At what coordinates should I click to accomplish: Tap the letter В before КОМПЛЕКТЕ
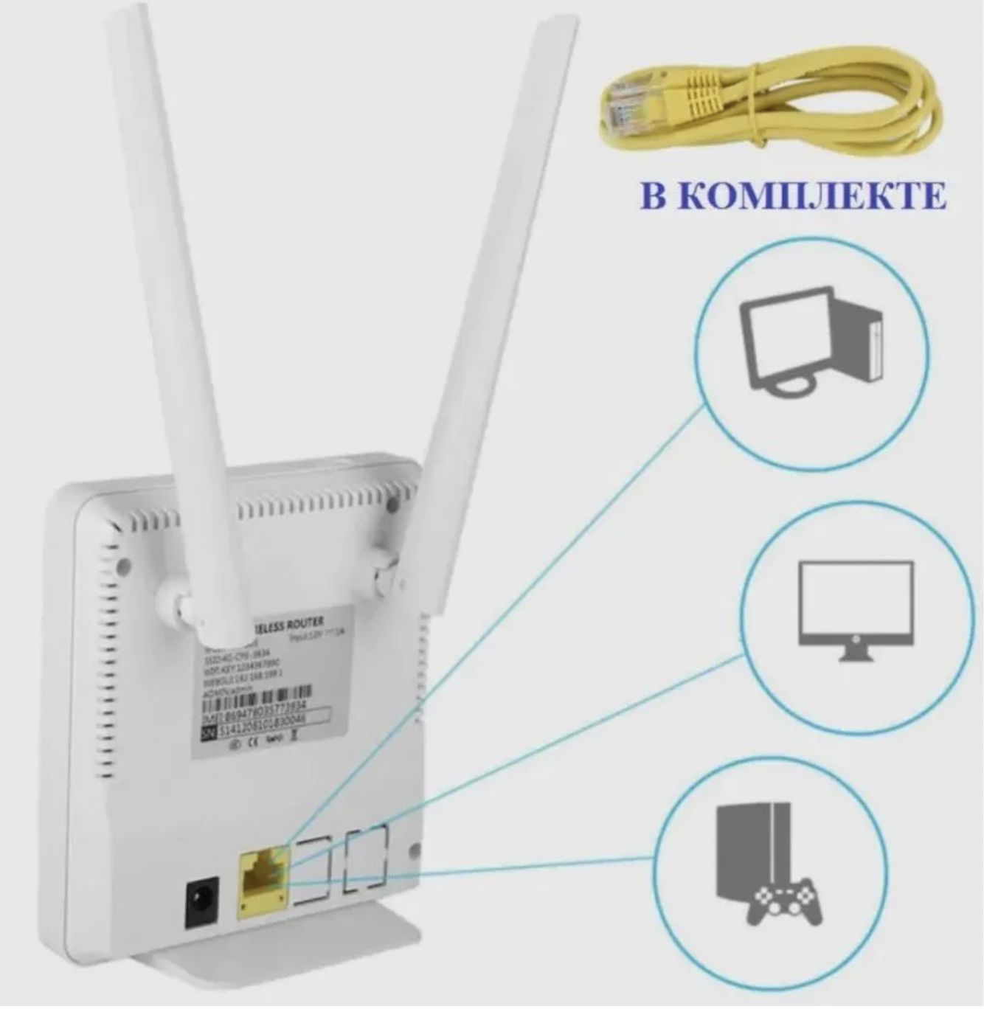tap(658, 195)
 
